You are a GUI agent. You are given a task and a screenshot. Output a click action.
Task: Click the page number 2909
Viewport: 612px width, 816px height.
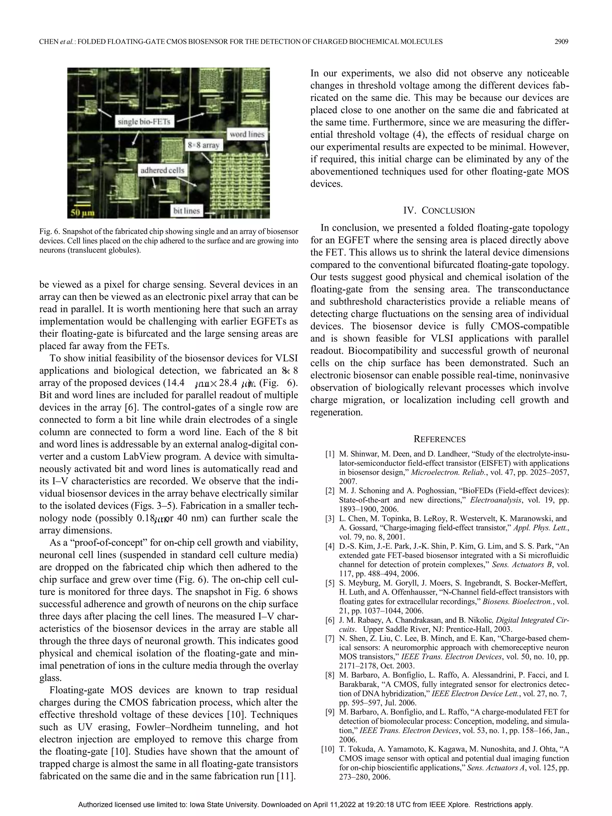[x=561, y=42]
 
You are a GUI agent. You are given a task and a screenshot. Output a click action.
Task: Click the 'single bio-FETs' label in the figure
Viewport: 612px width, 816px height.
[x=144, y=122]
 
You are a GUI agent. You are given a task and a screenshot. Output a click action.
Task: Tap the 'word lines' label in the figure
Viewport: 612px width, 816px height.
[x=247, y=134]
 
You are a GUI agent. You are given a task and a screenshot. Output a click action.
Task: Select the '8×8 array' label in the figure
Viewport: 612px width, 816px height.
[x=203, y=145]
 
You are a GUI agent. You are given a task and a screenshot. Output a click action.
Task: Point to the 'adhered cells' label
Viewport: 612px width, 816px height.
[x=162, y=170]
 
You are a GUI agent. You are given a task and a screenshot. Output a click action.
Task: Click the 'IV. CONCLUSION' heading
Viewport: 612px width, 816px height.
[x=439, y=211]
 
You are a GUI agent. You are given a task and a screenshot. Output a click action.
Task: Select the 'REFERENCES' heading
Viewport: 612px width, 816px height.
[x=439, y=439]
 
